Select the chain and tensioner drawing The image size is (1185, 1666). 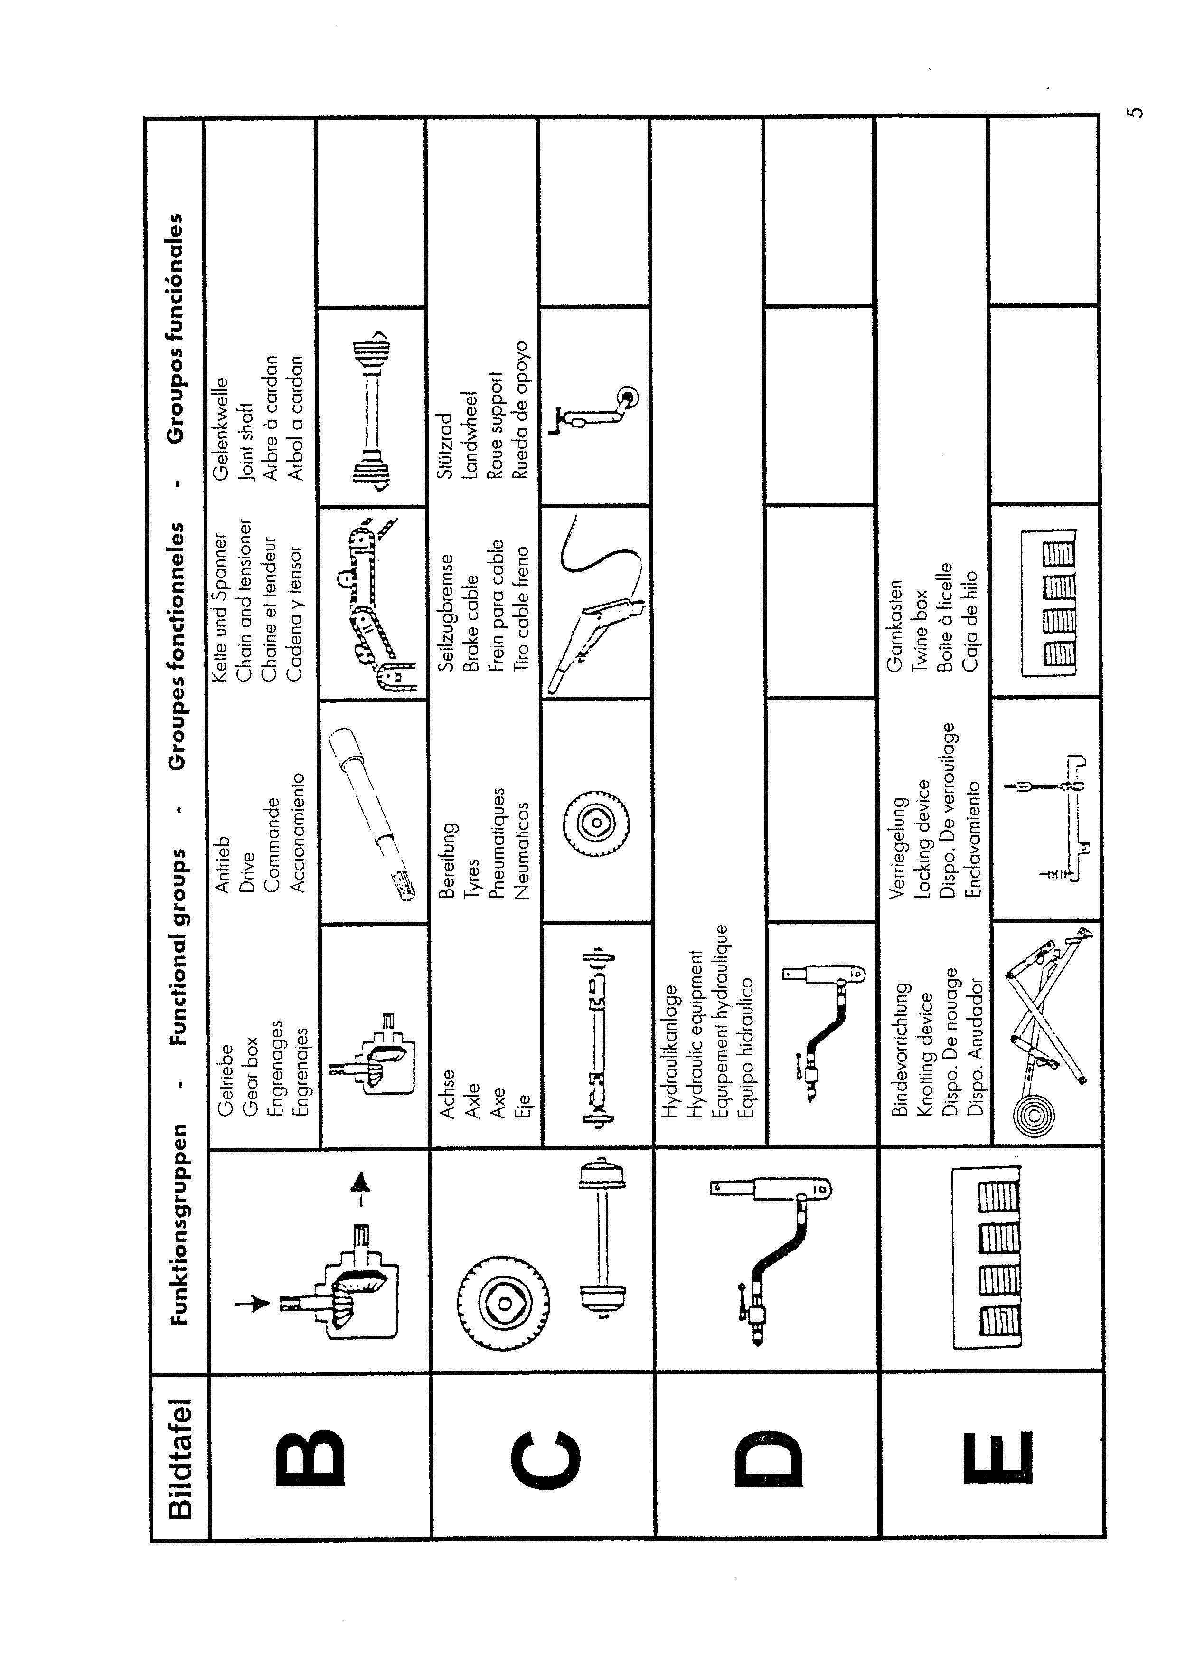372,606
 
